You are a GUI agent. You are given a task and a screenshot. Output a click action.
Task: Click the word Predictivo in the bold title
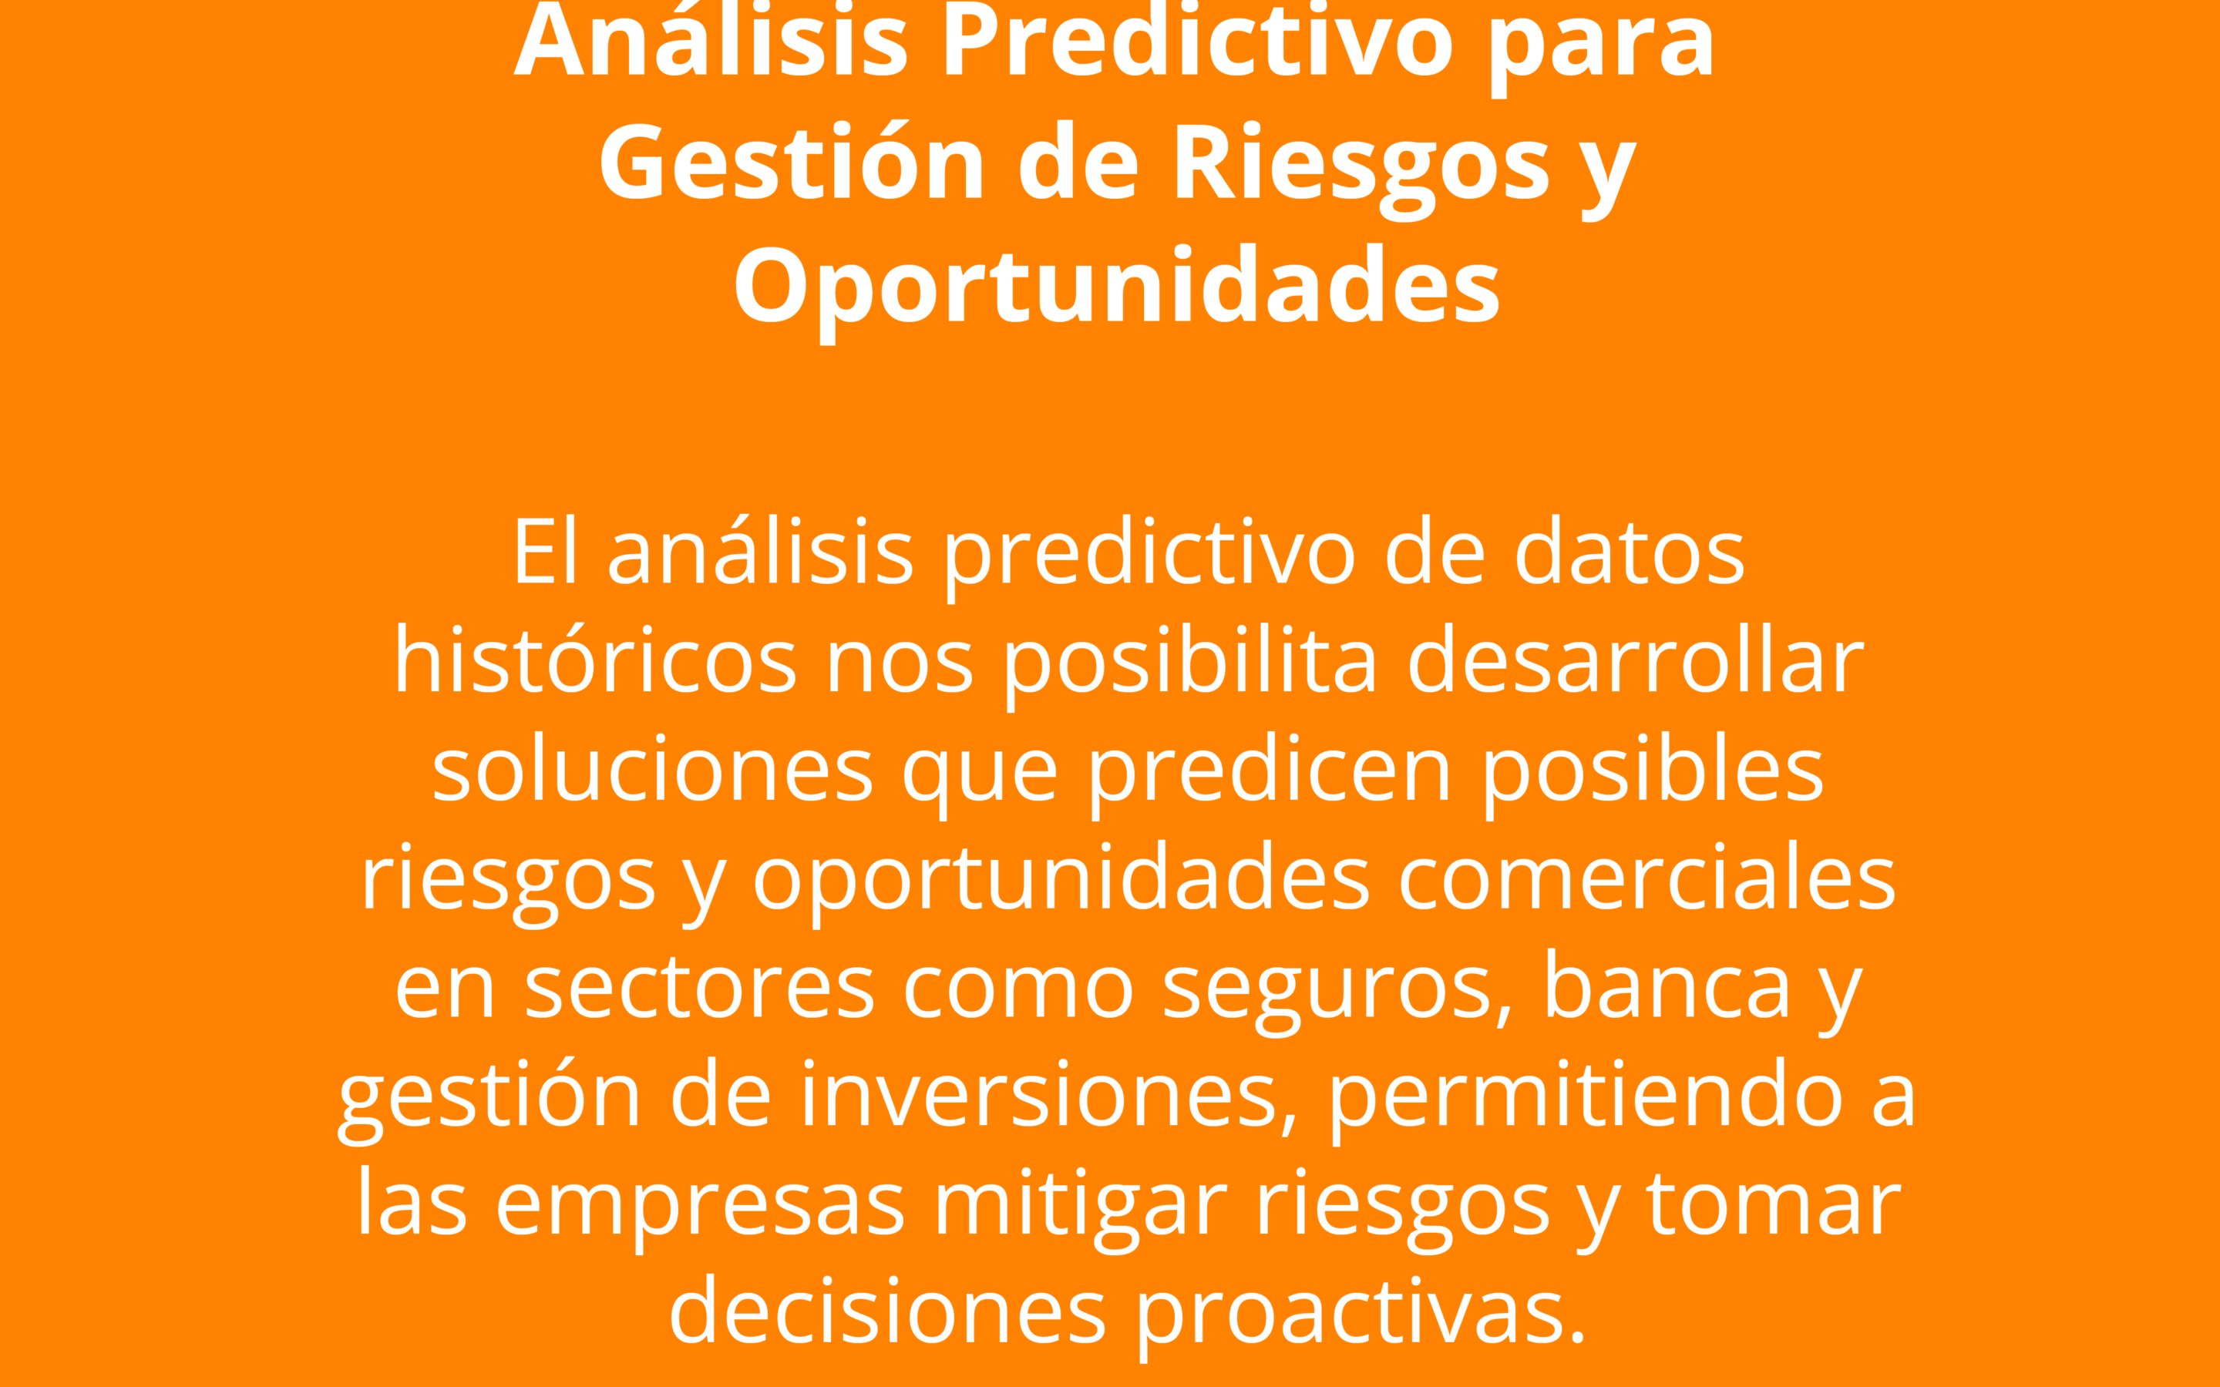coord(1198,42)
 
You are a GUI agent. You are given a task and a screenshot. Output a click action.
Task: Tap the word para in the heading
coord(1601,50)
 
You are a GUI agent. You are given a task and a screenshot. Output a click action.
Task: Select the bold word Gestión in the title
coord(792,160)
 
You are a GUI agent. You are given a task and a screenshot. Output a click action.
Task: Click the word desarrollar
coord(1636,660)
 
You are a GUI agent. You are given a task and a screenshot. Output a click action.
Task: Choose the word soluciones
coord(652,769)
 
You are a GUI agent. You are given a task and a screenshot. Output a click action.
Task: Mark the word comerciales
coord(1646,878)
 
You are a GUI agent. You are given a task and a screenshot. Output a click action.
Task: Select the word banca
coord(1667,986)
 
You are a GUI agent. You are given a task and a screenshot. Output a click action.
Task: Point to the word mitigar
coord(1081,1209)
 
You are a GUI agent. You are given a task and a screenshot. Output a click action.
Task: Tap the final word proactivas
coord(1361,1318)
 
